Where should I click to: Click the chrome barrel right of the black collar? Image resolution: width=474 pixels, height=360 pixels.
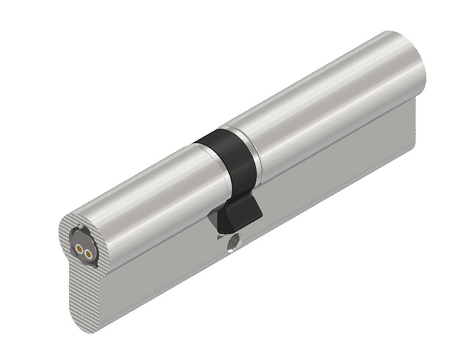[x=323, y=112]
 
